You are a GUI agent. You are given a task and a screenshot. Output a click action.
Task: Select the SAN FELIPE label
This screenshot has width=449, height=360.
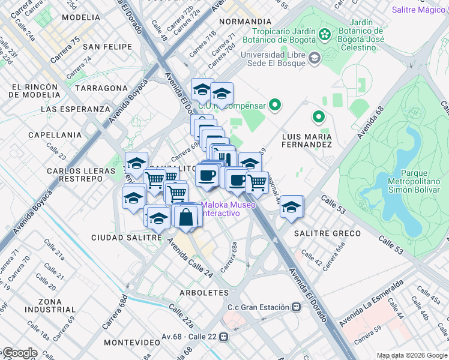tap(107, 47)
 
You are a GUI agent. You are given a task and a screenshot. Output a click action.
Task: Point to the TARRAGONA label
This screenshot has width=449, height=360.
tap(101, 88)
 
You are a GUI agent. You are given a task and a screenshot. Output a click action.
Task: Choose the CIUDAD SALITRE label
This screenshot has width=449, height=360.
tap(127, 238)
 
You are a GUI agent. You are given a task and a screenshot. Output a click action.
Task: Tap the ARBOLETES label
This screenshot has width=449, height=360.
tap(203, 293)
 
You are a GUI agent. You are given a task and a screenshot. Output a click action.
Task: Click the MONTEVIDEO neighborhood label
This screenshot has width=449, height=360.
tap(131, 342)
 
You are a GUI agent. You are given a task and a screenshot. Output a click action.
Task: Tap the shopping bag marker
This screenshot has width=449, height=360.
tap(186, 217)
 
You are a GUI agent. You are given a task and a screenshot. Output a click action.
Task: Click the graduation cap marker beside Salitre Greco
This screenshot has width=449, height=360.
tap(292, 206)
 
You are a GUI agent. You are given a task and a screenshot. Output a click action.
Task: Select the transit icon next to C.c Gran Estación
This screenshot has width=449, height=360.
tap(296, 307)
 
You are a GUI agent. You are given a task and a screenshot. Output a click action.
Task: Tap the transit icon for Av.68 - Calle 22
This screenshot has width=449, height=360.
tap(224, 337)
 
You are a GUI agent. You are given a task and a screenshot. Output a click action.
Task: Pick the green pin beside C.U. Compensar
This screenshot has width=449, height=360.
tap(276, 106)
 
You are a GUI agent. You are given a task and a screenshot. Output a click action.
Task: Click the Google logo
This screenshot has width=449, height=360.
tap(20, 353)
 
